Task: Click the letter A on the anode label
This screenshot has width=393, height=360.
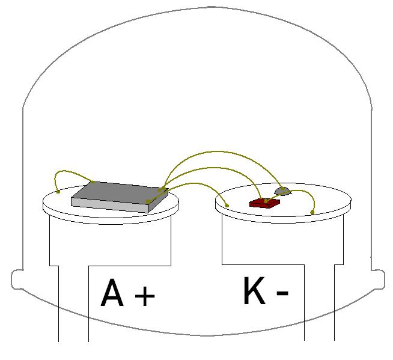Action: point(112,292)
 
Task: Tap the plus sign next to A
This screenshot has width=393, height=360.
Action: point(145,296)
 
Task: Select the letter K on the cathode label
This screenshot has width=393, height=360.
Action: point(254,290)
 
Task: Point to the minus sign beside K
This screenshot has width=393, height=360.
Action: point(282,293)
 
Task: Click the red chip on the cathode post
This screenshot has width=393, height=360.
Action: point(264,203)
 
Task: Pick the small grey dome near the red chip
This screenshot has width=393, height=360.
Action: point(282,191)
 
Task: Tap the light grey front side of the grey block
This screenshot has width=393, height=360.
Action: point(111,205)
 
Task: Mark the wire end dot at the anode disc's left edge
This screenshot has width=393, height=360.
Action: point(58,192)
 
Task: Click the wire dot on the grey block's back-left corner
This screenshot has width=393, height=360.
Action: point(93,182)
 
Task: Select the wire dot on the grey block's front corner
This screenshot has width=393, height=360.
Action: point(148,201)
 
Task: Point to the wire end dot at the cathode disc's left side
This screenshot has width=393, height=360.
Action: point(227,206)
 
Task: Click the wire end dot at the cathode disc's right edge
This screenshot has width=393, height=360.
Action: point(312,212)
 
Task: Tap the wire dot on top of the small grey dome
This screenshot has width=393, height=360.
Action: point(283,188)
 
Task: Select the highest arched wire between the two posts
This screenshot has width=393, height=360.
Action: point(221,151)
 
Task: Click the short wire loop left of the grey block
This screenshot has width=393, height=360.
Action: point(68,171)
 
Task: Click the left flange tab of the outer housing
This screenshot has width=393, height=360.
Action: point(17,279)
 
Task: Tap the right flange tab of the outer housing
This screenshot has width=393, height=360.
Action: point(378,279)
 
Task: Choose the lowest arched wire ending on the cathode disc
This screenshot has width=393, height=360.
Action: point(195,183)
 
